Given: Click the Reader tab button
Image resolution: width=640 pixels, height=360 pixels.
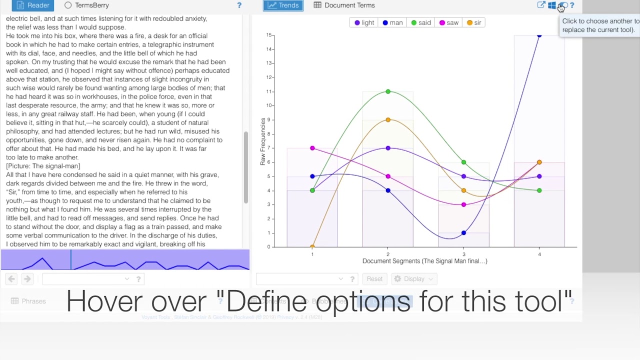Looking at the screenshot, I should coord(33,5).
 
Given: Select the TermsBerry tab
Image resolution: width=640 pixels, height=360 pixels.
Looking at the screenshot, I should coord(86,5).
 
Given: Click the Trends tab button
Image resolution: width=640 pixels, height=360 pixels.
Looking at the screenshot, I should coord(283,5).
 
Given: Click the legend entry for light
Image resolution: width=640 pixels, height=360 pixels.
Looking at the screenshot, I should coord(364,23).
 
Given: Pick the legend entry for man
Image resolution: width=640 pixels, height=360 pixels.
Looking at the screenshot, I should coord(392,23).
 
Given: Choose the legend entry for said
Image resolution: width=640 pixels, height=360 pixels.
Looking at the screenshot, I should coord(421,23).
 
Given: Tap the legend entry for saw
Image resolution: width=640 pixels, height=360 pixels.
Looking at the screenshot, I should coord(449,23).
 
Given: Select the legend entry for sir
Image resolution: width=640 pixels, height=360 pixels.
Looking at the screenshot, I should coord(474,23).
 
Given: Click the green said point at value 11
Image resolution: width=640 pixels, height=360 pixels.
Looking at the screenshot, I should coord(388,91).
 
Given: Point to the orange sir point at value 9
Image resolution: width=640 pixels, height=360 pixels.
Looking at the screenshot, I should coord(388,120).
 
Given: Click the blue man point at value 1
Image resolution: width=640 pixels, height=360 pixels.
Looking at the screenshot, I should coord(463,233).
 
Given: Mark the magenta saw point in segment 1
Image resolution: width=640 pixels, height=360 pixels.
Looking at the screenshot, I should coord(312,148).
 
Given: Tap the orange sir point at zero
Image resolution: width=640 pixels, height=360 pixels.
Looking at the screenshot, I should coord(312,246).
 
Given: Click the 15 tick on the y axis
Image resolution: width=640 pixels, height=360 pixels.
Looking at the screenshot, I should coord(269,35).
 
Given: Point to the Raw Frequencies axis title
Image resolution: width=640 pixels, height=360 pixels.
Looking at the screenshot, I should coord(262,141).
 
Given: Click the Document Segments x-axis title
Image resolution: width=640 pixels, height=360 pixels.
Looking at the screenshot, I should coord(424,261).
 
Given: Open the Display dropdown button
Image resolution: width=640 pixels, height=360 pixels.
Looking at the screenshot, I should coord(413,279).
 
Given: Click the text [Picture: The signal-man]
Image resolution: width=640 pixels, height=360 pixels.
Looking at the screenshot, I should coord(43,166).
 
